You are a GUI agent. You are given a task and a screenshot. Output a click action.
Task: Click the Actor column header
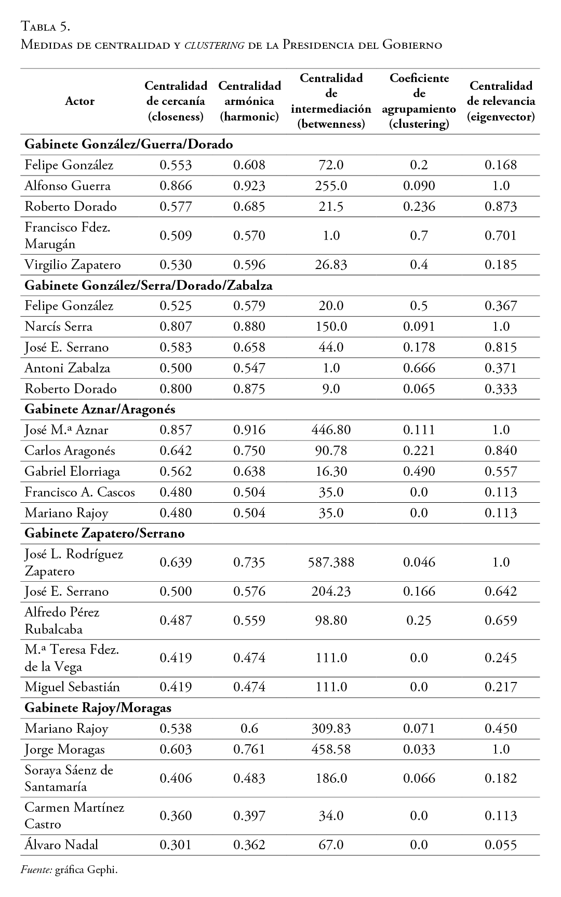pyautogui.click(x=79, y=101)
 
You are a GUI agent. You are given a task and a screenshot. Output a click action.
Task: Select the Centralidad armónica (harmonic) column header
pyautogui.click(x=249, y=101)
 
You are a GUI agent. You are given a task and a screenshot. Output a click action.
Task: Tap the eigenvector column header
pyautogui.click(x=501, y=101)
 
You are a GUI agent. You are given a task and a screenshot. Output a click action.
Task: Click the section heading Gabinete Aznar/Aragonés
pyautogui.click(x=100, y=409)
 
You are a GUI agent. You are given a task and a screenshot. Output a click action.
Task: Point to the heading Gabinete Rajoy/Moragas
pyautogui.click(x=98, y=707)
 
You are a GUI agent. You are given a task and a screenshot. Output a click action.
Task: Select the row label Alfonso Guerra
pyautogui.click(x=68, y=186)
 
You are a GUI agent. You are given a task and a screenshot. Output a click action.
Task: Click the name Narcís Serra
pyautogui.click(x=58, y=327)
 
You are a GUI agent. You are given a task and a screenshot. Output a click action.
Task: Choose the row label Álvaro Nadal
pyautogui.click(x=61, y=845)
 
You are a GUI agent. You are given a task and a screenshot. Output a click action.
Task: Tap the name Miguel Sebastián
pyautogui.click(x=72, y=687)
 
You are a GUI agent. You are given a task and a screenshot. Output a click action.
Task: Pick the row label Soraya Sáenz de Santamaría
pyautogui.click(x=69, y=778)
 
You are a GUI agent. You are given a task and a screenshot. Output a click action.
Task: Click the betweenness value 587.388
pyautogui.click(x=331, y=563)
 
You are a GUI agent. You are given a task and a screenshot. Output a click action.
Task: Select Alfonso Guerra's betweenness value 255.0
pyautogui.click(x=331, y=186)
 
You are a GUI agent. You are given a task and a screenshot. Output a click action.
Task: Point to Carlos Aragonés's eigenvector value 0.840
pyautogui.click(x=501, y=451)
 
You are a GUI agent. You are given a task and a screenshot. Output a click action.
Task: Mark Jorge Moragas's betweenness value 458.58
pyautogui.click(x=331, y=749)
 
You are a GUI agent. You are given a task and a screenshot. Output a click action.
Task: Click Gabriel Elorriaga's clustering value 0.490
pyautogui.click(x=419, y=472)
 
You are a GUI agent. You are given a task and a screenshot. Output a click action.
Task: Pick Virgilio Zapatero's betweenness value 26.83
pyautogui.click(x=331, y=265)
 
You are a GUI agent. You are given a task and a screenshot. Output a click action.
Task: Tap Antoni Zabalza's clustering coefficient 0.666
pyautogui.click(x=419, y=368)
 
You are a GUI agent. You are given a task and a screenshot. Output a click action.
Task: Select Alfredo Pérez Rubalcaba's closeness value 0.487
pyautogui.click(x=176, y=621)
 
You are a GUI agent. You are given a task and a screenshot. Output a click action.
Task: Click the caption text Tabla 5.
pyautogui.click(x=45, y=25)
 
